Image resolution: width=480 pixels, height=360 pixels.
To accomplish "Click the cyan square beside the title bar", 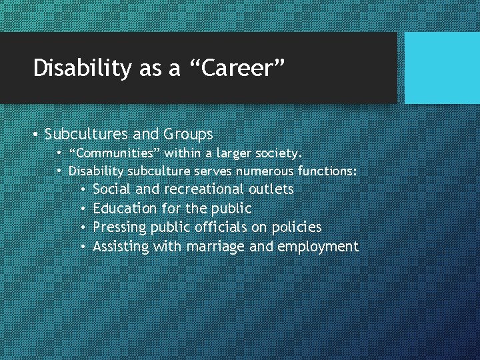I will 442,68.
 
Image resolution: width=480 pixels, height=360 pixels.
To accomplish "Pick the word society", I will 278,153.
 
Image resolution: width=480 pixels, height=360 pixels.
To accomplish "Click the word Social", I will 112,189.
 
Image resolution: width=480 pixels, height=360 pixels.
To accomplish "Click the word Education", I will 125,209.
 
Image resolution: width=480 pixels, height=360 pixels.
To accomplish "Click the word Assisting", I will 121,247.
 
